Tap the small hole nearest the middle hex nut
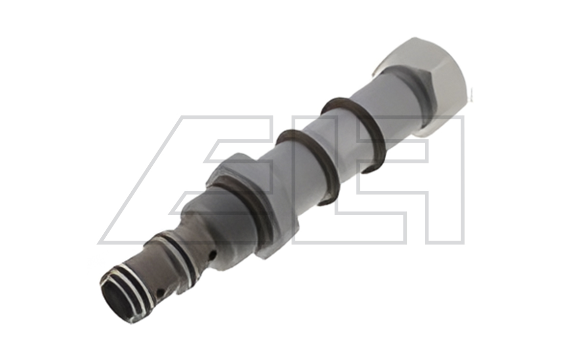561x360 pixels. pyautogui.click(x=213, y=254)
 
